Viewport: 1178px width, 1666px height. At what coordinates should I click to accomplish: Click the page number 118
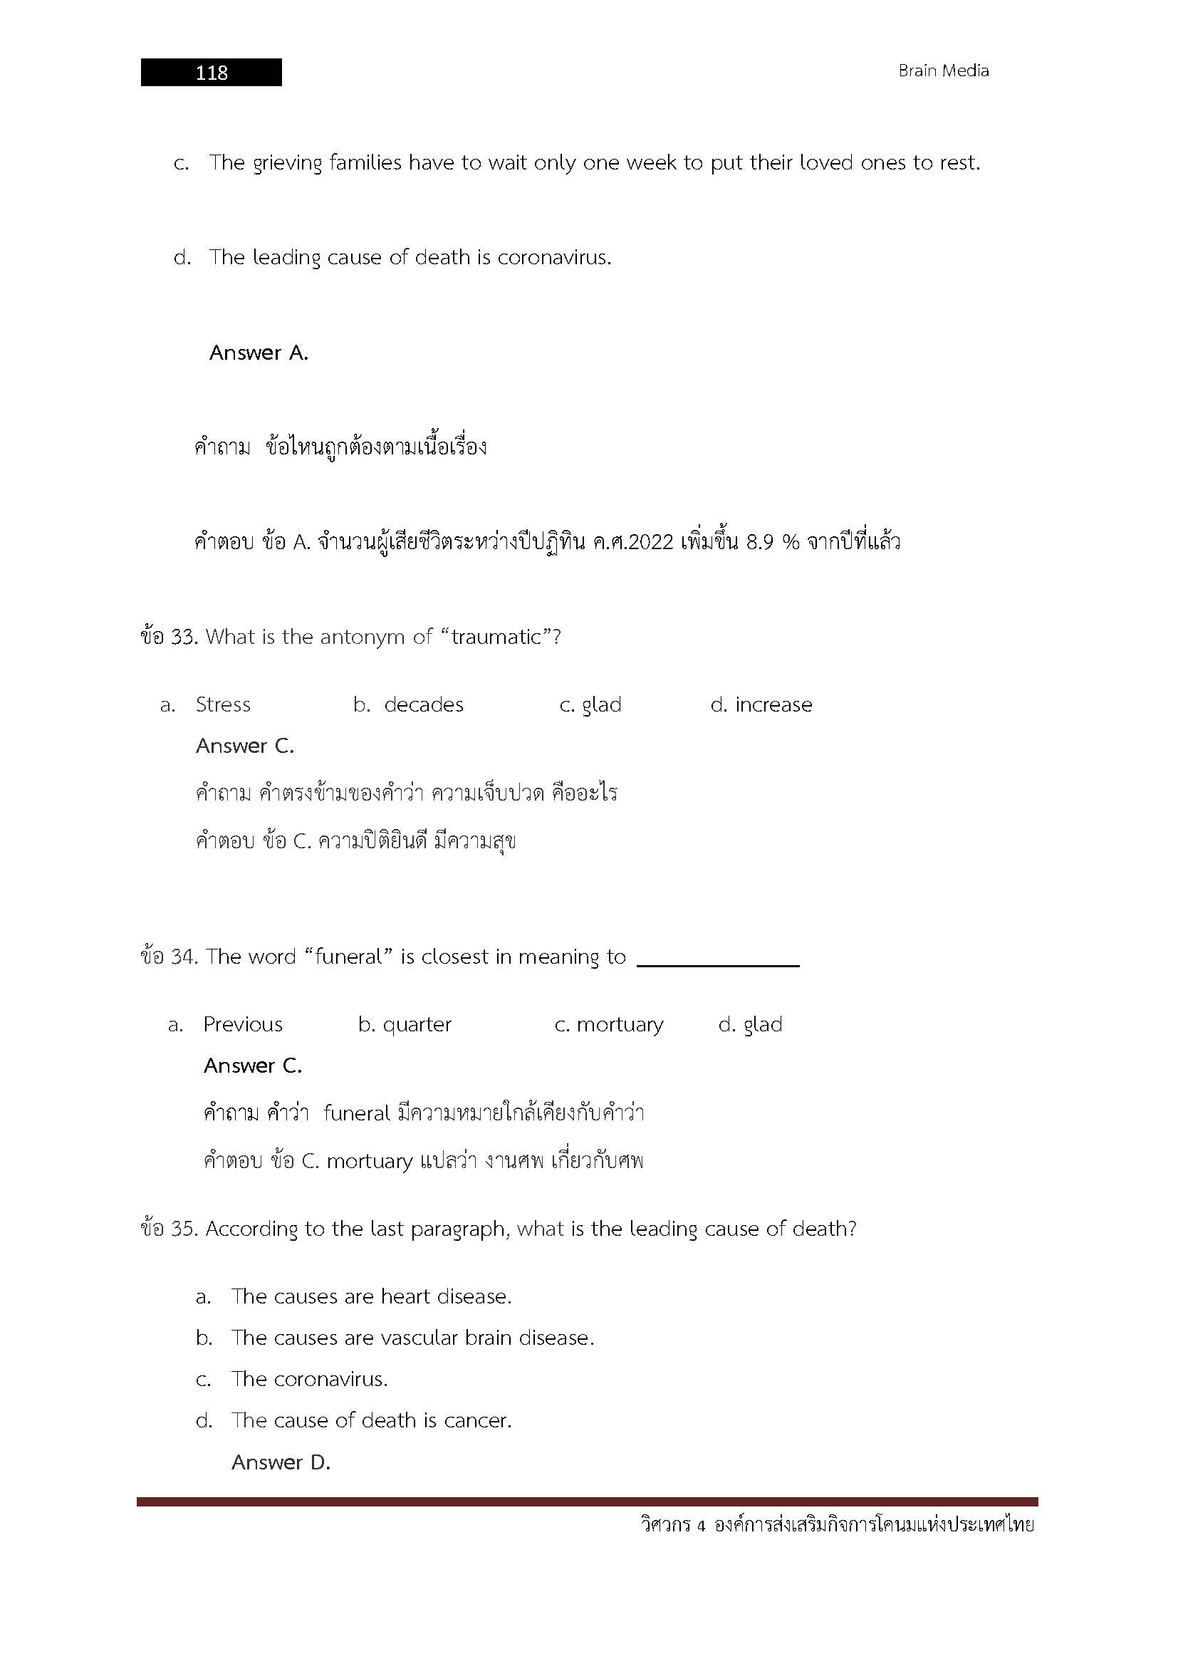[x=211, y=73]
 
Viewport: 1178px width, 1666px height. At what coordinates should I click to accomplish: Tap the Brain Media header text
[x=943, y=71]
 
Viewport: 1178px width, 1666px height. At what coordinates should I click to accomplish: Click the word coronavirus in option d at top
[x=553, y=258]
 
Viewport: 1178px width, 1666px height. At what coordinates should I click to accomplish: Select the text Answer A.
[x=259, y=353]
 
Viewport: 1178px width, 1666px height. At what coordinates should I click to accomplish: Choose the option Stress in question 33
[x=223, y=704]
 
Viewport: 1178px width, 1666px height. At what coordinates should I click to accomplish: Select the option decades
[x=423, y=704]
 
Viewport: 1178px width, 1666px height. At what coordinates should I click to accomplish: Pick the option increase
[x=773, y=704]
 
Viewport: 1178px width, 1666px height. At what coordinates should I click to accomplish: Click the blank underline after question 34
[x=717, y=962]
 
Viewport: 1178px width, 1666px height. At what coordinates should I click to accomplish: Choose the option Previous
[x=242, y=1024]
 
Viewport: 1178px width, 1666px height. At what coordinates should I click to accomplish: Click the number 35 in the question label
[x=182, y=1229]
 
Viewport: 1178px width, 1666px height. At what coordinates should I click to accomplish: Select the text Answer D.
[x=281, y=1462]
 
